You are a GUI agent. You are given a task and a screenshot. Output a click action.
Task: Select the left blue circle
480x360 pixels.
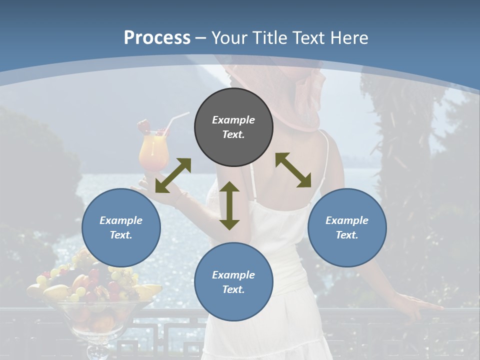pos(121,227)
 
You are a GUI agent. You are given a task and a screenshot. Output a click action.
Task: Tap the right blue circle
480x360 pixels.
pos(347,227)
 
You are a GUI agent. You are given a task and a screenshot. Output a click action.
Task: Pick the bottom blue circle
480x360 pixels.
pos(233,282)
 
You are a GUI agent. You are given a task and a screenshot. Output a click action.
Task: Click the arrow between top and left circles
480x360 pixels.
pos(173,175)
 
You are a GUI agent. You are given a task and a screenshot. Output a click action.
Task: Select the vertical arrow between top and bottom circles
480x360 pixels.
pos(229,205)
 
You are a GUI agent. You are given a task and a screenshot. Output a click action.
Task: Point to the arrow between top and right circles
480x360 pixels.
pos(293,170)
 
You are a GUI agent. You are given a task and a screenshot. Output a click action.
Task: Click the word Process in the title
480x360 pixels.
pos(157,37)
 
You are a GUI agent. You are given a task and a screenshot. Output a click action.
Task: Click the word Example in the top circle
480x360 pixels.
pos(233,120)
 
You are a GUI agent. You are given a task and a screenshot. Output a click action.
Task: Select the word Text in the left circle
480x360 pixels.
pos(121,235)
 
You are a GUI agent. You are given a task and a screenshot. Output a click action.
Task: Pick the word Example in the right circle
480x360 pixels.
pos(347,220)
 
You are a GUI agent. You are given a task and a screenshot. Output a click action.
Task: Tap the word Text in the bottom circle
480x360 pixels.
pos(233,289)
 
